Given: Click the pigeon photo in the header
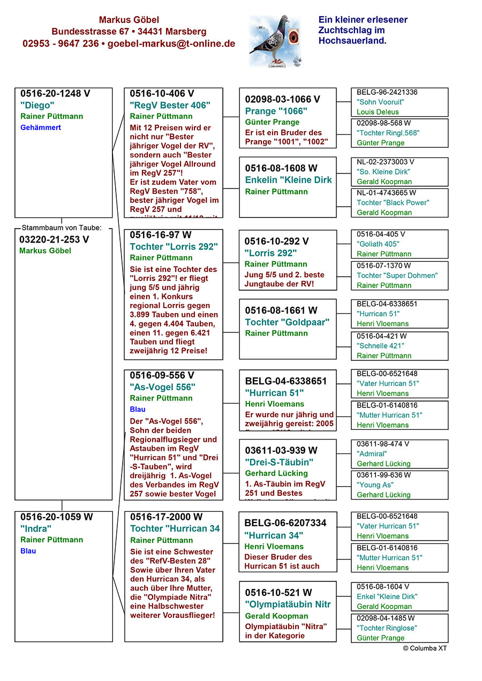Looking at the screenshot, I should (x=274, y=41).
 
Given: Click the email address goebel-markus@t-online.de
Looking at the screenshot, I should (x=171, y=44).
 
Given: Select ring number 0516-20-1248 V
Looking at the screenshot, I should (x=55, y=94).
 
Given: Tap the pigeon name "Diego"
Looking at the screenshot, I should (x=37, y=105).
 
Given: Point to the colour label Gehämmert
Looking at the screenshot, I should (x=41, y=127).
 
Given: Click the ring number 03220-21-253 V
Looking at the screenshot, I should (x=54, y=239).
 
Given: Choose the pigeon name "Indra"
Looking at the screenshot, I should (x=36, y=528).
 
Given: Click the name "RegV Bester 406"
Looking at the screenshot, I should (x=170, y=105).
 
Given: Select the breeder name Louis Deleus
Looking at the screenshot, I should (x=378, y=112).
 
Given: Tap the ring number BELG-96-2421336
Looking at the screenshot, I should (x=387, y=92).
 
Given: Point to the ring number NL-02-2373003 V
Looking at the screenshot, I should (x=385, y=162).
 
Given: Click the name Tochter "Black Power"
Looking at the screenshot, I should (x=393, y=202).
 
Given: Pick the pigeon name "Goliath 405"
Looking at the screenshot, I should (x=379, y=244).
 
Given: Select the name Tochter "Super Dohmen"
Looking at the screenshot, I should (x=397, y=275).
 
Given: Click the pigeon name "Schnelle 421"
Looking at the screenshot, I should (x=380, y=346).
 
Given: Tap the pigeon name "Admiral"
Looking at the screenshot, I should (x=372, y=453).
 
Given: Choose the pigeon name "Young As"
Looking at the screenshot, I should (x=375, y=485).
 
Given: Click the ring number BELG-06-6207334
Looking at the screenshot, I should (x=285, y=523).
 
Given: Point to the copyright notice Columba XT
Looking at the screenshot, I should (x=425, y=648).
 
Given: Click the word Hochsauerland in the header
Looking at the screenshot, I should (x=352, y=40).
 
